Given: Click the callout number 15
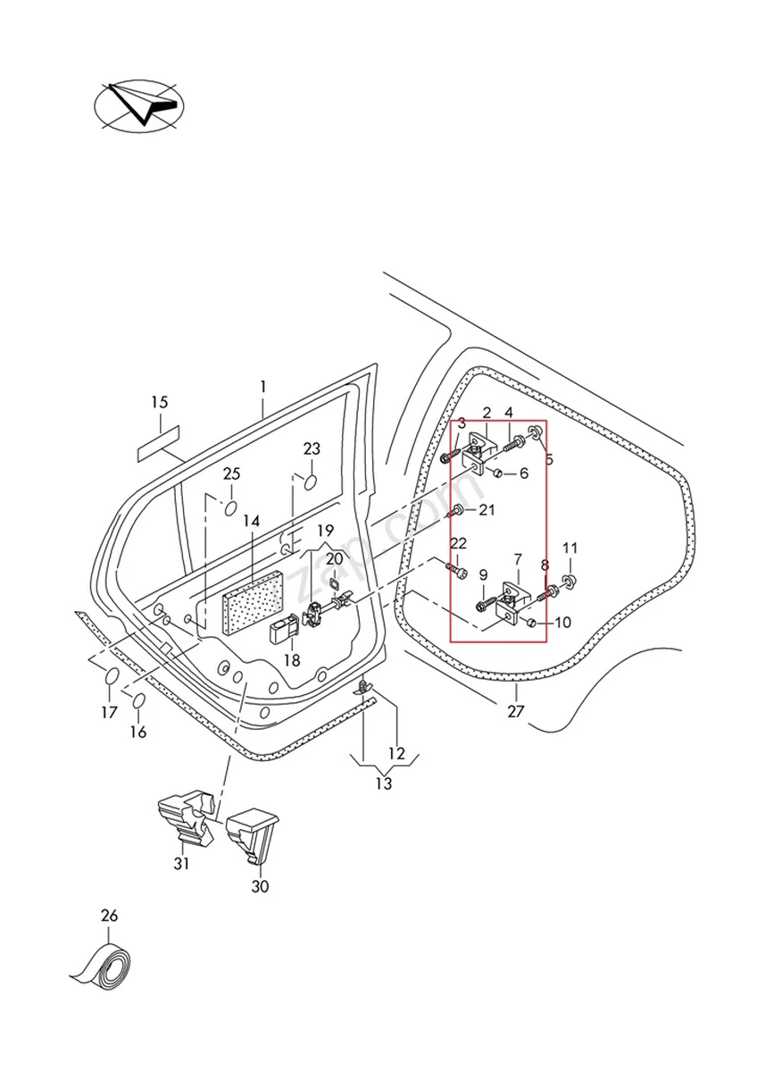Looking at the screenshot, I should coord(159,403).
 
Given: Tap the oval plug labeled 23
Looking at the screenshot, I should coord(312,483).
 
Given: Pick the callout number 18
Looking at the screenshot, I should coord(292,660).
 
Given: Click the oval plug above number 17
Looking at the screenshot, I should coord(111,676).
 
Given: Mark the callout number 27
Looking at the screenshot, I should coord(516,712).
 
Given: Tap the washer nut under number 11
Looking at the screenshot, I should coord(570,583).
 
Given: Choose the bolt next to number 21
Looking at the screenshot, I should coord(456,511).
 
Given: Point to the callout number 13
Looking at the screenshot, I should coord(383,784).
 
